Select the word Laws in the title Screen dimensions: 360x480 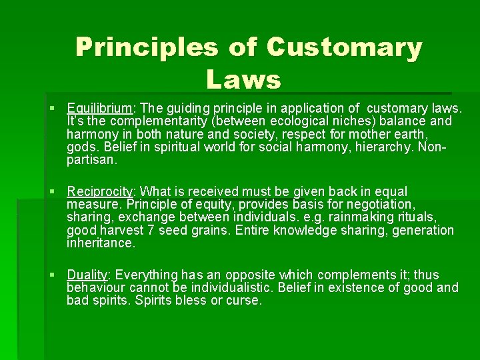[x=243, y=79]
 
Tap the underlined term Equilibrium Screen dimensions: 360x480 [x=100, y=108]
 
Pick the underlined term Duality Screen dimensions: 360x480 [x=87, y=275]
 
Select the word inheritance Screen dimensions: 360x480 [x=100, y=243]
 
